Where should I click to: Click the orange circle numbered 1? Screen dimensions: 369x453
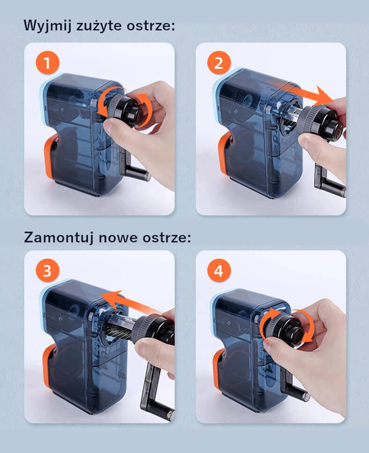(x=47, y=63)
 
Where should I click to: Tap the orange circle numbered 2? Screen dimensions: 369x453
(x=219, y=63)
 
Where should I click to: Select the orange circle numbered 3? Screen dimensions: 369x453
(x=47, y=270)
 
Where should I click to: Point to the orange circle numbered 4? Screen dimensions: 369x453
(x=219, y=270)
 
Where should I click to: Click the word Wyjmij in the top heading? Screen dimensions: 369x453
(x=48, y=26)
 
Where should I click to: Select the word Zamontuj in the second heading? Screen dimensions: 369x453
(x=59, y=238)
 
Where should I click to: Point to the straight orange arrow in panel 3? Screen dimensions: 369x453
(x=130, y=302)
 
